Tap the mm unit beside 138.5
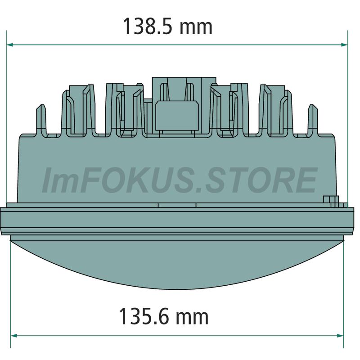coord(196,29)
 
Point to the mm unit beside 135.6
coord(192,318)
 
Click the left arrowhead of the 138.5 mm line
coord(9,45)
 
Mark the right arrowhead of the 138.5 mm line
coord(345,45)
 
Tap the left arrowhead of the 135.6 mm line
coord(14,336)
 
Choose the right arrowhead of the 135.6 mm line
coord(340,336)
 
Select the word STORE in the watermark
coord(261,180)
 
